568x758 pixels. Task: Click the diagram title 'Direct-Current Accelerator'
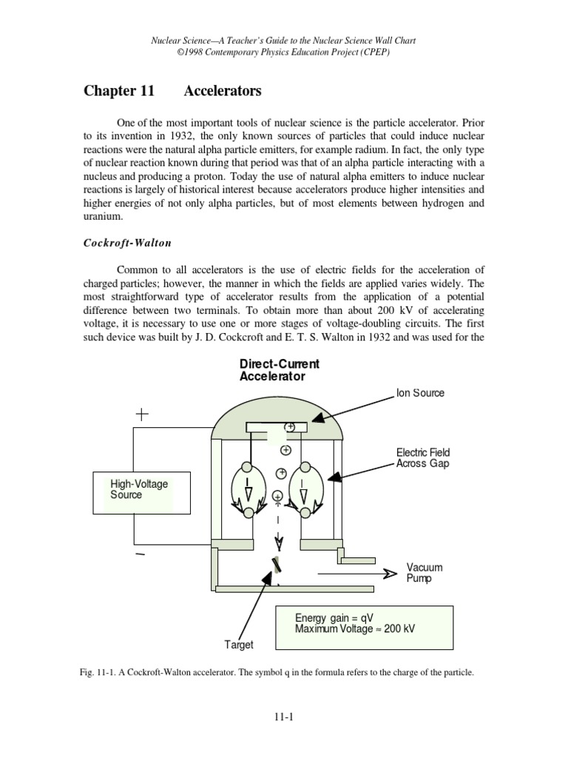278,370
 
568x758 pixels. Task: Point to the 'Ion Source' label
420,393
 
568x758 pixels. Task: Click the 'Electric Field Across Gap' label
422,458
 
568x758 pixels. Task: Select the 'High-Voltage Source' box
132,492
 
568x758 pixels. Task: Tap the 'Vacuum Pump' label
425,572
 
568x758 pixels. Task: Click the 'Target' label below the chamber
239,645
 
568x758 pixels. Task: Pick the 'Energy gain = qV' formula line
333,618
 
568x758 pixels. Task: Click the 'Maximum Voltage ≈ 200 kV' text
354,629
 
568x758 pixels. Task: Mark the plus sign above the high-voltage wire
141,415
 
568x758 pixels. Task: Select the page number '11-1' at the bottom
284,717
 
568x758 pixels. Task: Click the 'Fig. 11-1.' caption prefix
103,673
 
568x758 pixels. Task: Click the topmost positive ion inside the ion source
291,427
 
